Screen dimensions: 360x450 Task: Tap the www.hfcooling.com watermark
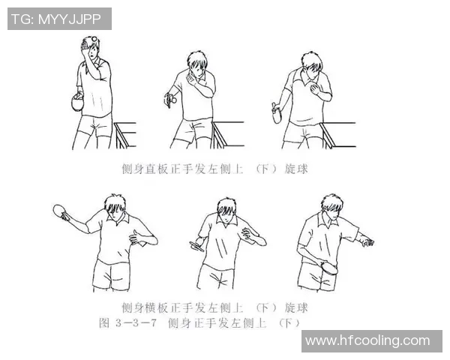pyautogui.click(x=367, y=341)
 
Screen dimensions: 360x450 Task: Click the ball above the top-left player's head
pyautogui.click(x=94, y=20)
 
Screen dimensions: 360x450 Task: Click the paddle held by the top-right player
pyautogui.click(x=276, y=114)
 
